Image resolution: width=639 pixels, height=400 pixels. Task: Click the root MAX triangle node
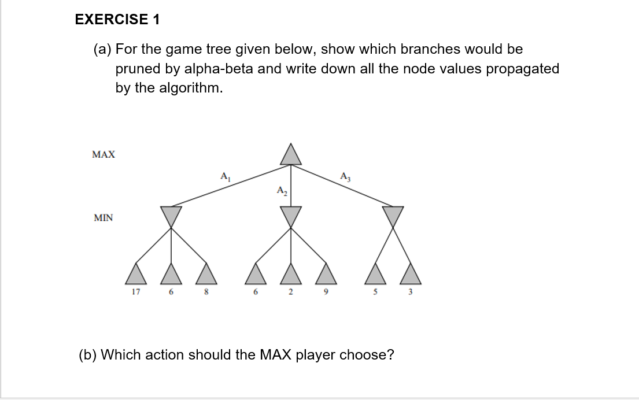[x=291, y=155]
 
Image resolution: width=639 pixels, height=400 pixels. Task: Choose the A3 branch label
[x=345, y=176]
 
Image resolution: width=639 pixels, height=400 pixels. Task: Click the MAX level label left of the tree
[x=104, y=155]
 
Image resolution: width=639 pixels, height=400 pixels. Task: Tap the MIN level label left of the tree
[x=104, y=218]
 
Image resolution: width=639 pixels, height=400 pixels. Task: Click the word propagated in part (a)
[x=522, y=69]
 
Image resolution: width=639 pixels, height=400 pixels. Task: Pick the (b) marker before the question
[x=88, y=354]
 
